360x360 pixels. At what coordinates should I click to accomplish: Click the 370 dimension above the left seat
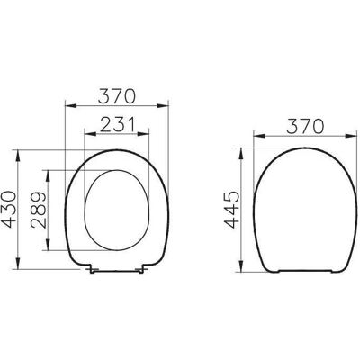click(x=117, y=96)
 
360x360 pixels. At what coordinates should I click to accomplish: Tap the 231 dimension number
click(x=117, y=124)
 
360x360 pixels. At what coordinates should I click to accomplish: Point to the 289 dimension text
click(x=39, y=210)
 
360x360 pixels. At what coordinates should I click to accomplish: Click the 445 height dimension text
click(x=232, y=210)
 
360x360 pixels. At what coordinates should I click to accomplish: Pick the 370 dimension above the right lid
click(x=305, y=126)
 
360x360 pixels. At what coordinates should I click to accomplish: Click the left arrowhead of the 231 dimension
click(x=90, y=134)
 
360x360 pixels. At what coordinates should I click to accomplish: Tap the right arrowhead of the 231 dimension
click(x=143, y=134)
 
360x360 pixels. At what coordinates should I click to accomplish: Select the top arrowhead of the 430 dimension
click(x=19, y=156)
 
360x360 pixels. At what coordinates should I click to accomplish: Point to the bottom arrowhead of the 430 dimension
click(x=19, y=263)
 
